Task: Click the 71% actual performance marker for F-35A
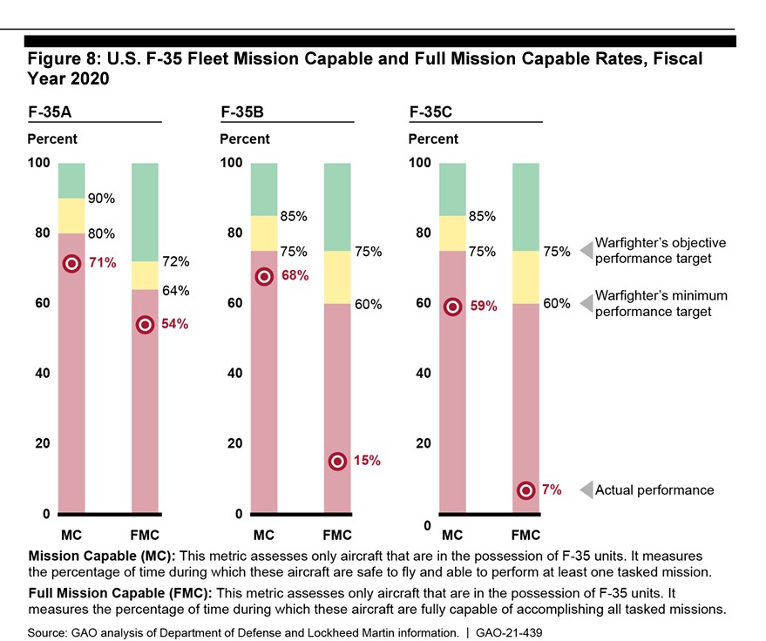point(71,264)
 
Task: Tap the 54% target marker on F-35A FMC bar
point(145,325)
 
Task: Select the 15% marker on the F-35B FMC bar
point(337,462)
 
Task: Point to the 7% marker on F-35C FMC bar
point(525,490)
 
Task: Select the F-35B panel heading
point(240,112)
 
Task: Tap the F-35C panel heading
point(429,112)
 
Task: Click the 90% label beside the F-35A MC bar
point(101,199)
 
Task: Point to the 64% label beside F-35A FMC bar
point(175,291)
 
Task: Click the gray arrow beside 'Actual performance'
point(586,489)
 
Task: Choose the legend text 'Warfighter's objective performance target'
point(660,251)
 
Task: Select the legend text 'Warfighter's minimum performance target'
point(660,303)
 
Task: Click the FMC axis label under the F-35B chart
point(337,535)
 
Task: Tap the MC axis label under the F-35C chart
point(452,535)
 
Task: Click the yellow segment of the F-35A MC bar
point(71,216)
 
